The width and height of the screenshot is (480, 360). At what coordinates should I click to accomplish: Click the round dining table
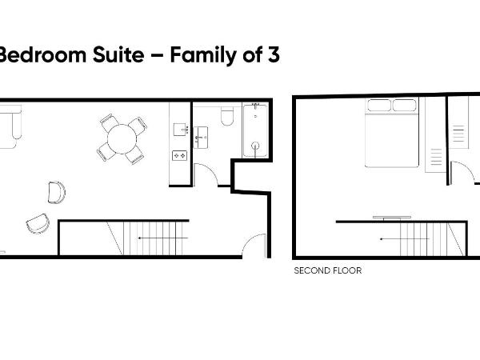122,140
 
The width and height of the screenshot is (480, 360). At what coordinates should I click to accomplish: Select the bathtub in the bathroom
256,130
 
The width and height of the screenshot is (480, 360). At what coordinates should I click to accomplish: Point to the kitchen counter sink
180,129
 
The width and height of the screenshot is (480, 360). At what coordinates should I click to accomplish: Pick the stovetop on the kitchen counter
180,155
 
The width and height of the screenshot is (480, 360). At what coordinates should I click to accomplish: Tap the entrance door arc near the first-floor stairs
254,244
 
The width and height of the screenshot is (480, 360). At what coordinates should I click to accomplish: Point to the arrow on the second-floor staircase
400,239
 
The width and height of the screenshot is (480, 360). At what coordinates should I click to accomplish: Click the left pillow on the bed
379,105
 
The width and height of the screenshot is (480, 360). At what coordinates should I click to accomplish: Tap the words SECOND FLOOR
328,270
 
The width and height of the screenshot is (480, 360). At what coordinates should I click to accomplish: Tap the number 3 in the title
273,55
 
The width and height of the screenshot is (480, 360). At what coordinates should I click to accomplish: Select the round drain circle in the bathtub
256,146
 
